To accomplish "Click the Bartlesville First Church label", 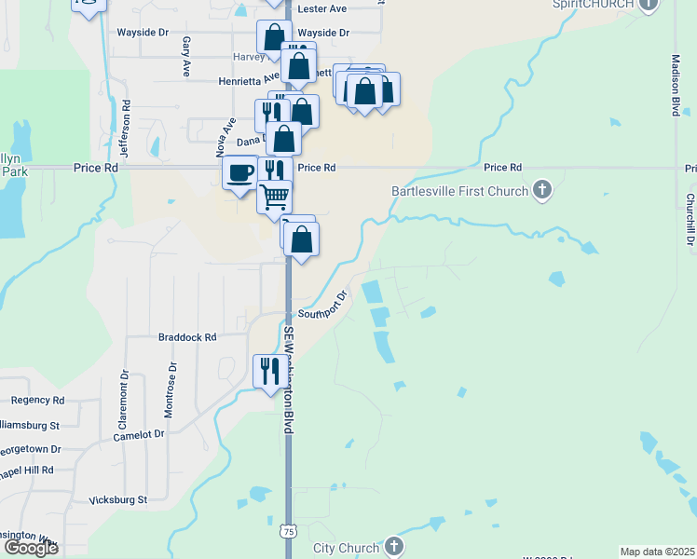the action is pos(460,192).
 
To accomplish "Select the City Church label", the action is pos(347,547).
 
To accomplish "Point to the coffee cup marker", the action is pos(240,172).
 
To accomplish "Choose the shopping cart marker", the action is pos(275,197).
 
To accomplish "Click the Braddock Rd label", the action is pos(187,337).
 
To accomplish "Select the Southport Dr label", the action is pos(322,306).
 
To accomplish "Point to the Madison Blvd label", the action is pos(675,85).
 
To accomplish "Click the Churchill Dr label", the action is pos(690,220).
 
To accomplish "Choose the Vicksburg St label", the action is pos(117,500).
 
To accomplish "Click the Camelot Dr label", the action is pos(138,434).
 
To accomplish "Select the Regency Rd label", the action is pos(37,400).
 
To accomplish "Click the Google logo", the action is pos(30,548).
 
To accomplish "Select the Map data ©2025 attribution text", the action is pos(657,552).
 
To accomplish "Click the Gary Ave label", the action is pos(187,57).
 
